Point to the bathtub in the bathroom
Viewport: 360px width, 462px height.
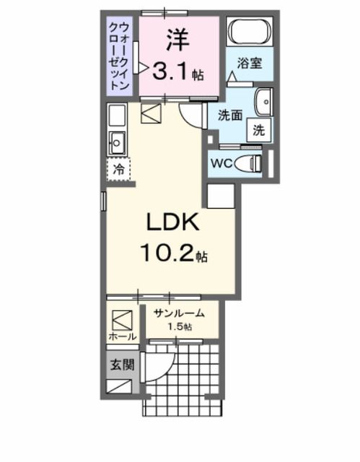coord(249,33)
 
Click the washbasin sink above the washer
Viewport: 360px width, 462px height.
coord(263,104)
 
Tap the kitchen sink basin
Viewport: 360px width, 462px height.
coord(117,139)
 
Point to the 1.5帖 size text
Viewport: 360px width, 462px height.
coord(180,327)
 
